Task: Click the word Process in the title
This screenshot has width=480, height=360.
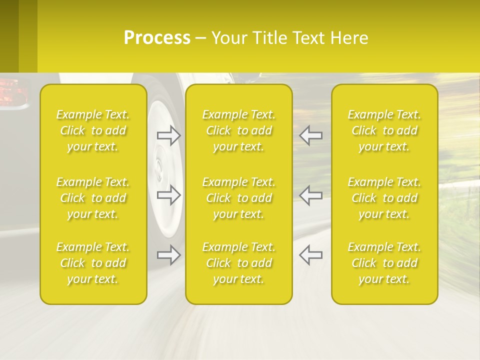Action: [x=157, y=38]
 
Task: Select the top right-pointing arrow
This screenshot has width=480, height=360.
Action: [x=169, y=135]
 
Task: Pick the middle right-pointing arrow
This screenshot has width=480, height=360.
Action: [x=169, y=195]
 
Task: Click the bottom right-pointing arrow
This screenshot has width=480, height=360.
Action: [x=169, y=255]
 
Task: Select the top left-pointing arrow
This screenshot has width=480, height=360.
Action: [x=310, y=135]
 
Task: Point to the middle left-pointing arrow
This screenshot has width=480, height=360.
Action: [x=310, y=195]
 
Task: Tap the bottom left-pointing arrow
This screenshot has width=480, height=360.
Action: [x=310, y=255]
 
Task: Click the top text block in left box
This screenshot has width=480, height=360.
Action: [x=93, y=130]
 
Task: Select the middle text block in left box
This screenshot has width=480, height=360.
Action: [x=93, y=198]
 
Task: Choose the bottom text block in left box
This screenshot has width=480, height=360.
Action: [x=93, y=263]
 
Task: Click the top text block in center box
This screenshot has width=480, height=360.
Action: [x=239, y=130]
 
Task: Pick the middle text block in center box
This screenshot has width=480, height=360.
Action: [x=239, y=198]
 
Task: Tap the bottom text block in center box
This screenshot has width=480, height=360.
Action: [x=239, y=263]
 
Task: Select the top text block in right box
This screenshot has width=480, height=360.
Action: [x=384, y=130]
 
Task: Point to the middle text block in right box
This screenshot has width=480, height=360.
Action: [x=384, y=198]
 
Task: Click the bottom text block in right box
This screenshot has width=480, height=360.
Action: [x=384, y=263]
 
